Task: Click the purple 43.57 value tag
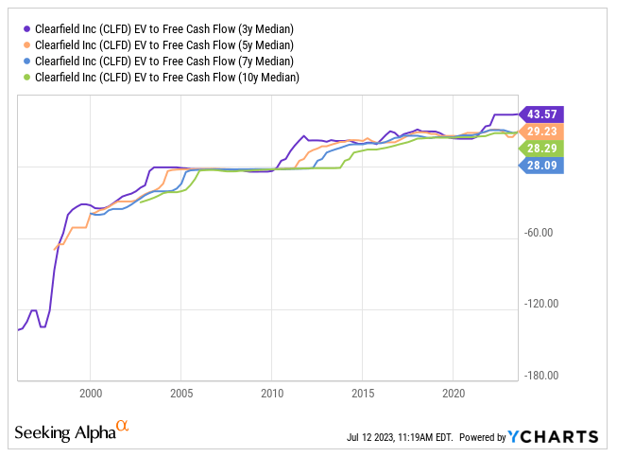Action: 542,113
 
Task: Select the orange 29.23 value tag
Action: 542,131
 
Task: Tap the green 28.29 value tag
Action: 542,149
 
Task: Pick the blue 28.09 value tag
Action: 542,166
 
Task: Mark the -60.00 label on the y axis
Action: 544,233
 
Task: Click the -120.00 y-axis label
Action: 542,304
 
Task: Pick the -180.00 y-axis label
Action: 542,376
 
